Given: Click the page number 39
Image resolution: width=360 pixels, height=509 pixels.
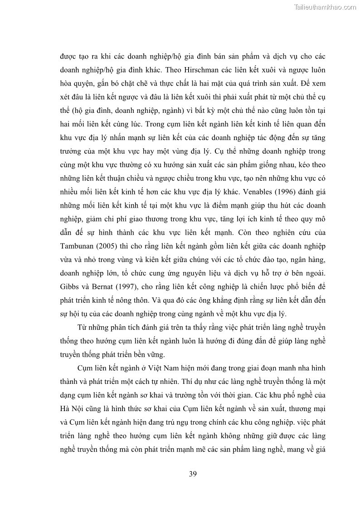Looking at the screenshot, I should coord(192,474).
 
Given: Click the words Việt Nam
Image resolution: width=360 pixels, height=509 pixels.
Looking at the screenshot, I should coord(166,367).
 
